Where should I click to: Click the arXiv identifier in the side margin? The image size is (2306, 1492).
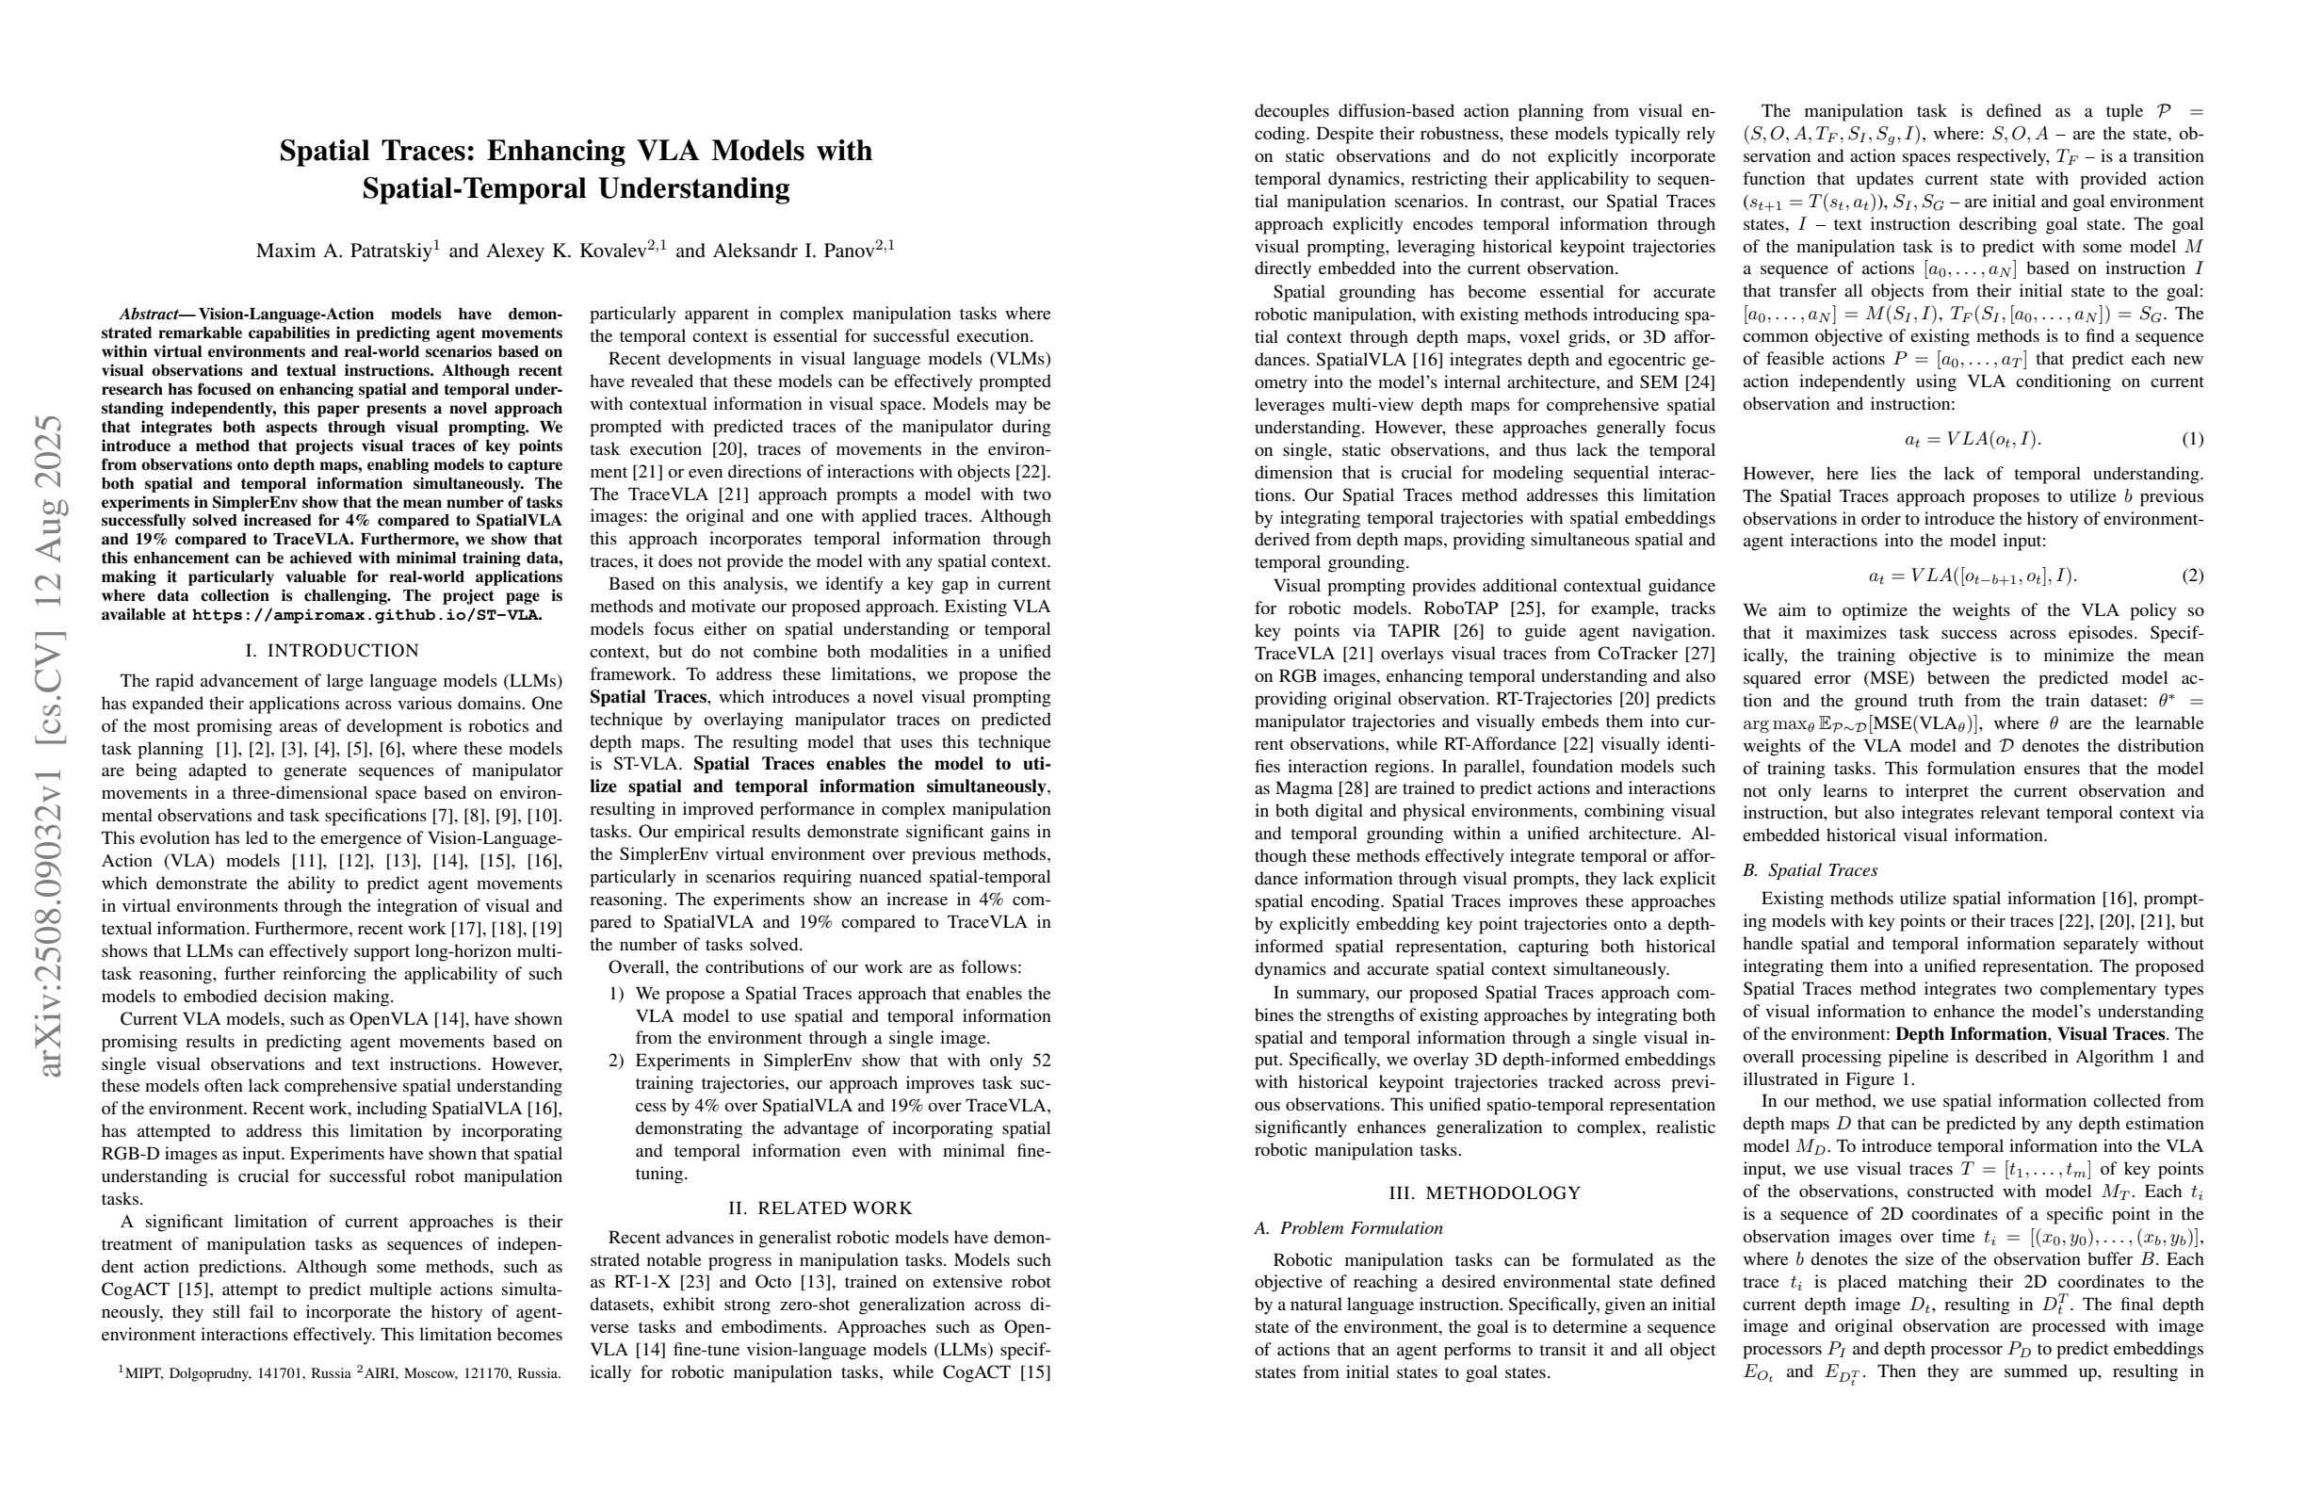(48, 746)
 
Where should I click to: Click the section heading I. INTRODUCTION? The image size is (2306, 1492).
(333, 651)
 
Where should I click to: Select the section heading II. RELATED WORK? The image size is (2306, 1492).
(820, 1208)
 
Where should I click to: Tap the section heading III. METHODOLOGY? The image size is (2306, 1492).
(1485, 1193)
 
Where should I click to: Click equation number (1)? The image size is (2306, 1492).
(2193, 439)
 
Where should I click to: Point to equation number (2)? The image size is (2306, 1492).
(2193, 576)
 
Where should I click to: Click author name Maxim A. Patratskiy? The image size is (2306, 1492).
(344, 251)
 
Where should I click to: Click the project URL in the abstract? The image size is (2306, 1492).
(367, 615)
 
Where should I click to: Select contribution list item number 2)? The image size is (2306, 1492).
(616, 1061)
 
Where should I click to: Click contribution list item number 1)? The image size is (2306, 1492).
(616, 994)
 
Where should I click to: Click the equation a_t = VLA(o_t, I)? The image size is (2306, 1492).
(1972, 439)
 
